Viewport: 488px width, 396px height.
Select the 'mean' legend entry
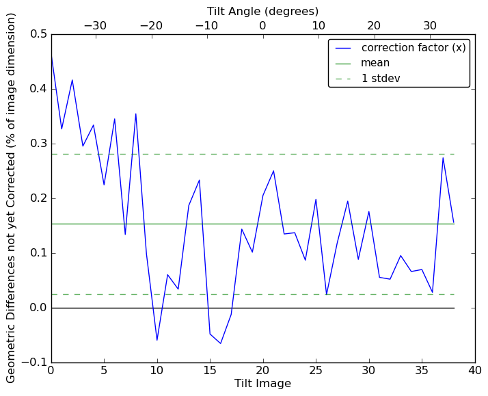click(375, 63)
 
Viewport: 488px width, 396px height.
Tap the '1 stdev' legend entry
click(381, 78)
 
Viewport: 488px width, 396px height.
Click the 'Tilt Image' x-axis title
click(262, 384)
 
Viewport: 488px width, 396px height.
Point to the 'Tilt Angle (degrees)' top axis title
click(262, 11)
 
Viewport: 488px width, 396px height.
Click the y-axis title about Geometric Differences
click(12, 198)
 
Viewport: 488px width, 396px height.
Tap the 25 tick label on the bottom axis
click(316, 371)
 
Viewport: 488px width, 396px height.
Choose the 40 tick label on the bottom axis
click(474, 371)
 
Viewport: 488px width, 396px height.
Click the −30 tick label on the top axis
click(95, 25)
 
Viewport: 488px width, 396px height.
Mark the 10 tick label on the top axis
click(318, 25)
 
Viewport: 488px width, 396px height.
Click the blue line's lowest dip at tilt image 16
click(220, 343)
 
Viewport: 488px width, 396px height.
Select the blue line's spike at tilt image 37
click(443, 158)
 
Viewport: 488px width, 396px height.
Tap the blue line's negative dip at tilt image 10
click(157, 340)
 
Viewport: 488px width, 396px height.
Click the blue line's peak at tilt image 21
click(273, 171)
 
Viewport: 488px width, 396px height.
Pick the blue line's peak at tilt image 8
click(135, 114)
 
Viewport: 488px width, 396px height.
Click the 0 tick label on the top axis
click(262, 25)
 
